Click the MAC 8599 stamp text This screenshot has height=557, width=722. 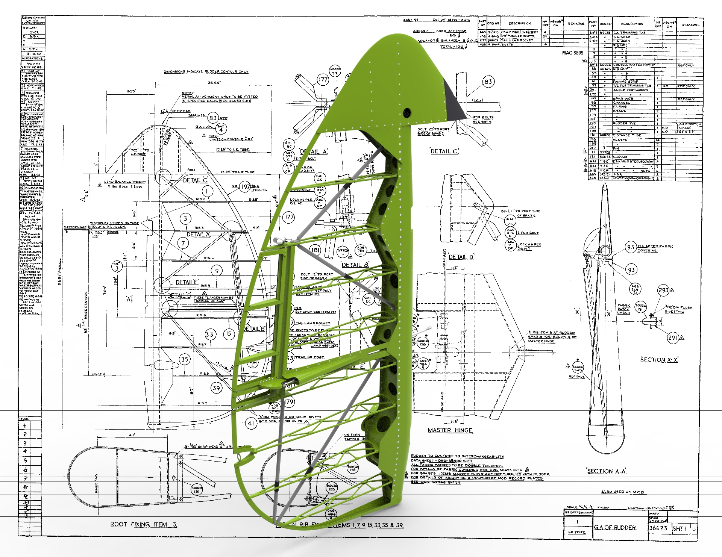coord(573,53)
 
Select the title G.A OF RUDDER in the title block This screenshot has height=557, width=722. coord(615,527)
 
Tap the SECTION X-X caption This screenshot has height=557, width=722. coord(659,360)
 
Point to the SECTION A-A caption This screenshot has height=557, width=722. coord(607,471)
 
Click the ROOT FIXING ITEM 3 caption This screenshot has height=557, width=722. coord(143,524)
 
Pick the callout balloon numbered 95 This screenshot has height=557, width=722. coord(631,247)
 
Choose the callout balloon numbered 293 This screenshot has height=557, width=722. coord(663,290)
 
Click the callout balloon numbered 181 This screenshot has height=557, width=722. coord(315,250)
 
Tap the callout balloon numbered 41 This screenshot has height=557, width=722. coord(251,423)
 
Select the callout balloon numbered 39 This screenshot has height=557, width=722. coord(216,388)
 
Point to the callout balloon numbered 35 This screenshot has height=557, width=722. coord(184,359)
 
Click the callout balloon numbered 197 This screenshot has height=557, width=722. coord(245,186)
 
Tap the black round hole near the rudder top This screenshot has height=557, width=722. coord(407,112)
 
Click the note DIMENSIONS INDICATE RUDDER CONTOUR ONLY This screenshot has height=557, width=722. coord(206,71)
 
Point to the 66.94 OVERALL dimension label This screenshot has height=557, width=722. coord(60,271)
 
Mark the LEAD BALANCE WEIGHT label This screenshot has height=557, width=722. coord(125,182)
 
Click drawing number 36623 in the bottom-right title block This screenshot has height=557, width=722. coord(658,528)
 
